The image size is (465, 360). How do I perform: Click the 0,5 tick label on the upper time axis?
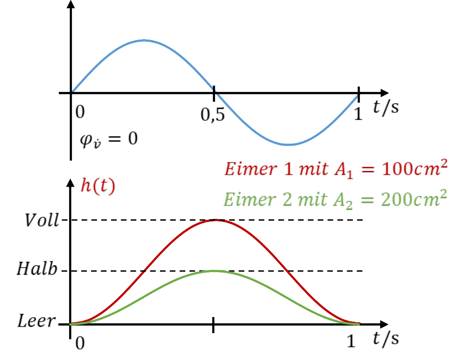[x=212, y=115]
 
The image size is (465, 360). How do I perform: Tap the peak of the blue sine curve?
[x=144, y=40]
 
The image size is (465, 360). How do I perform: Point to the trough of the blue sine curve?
[x=288, y=145]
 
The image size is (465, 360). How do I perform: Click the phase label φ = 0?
[x=109, y=140]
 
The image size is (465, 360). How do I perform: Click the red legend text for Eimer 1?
[x=336, y=169]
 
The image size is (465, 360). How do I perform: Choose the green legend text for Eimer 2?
[x=335, y=199]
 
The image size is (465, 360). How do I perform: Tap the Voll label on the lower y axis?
[x=42, y=220]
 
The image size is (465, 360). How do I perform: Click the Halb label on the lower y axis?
[x=37, y=269]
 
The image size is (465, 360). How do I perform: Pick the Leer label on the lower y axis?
[x=36, y=321]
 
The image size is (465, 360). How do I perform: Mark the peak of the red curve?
[x=216, y=220]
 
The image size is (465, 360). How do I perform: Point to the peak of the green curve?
[x=216, y=271]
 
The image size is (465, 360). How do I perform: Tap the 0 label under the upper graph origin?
[x=80, y=112]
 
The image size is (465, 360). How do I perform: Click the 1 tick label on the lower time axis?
[x=351, y=341]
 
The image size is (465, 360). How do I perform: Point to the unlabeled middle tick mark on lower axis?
[x=213, y=325]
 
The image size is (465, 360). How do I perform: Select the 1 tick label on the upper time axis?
[x=358, y=114]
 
